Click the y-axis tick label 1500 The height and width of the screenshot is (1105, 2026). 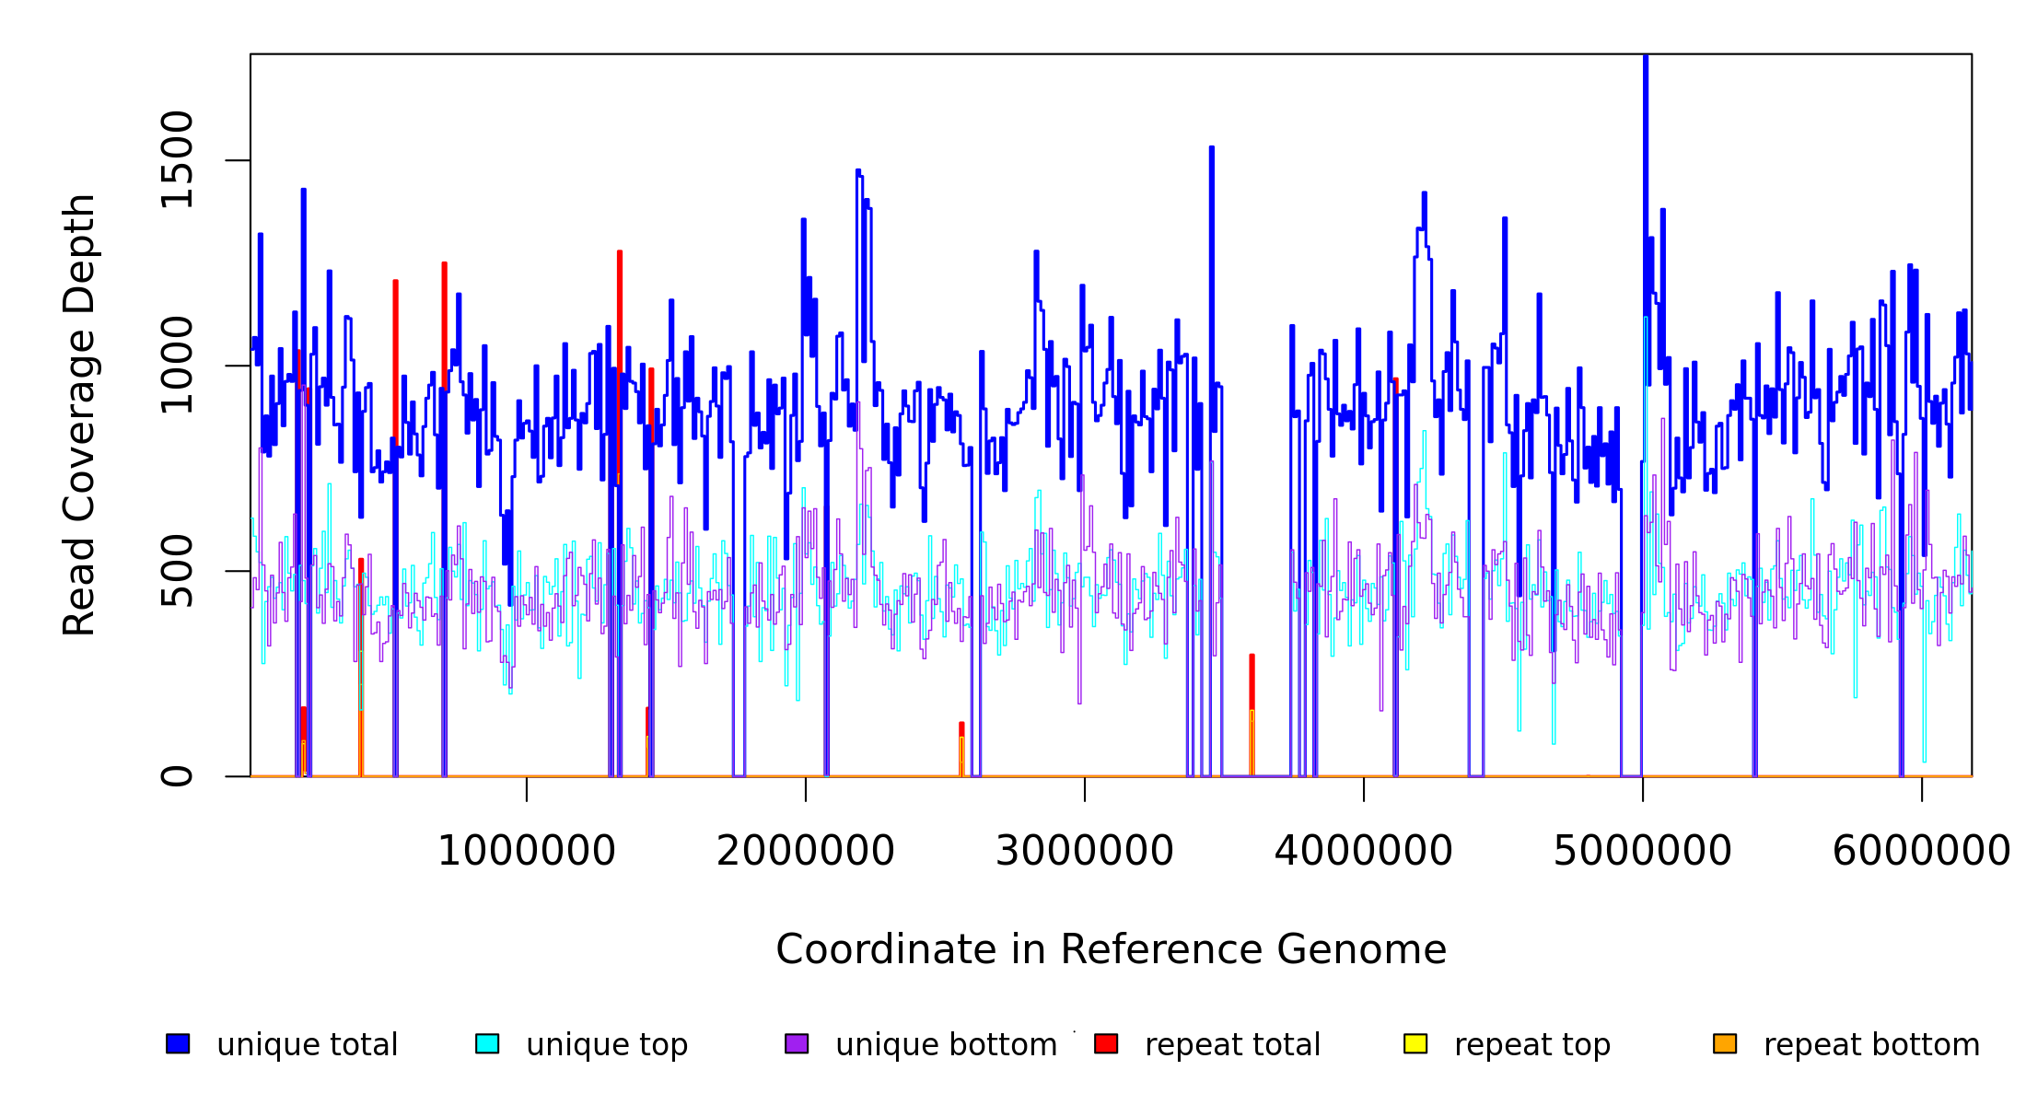[176, 160]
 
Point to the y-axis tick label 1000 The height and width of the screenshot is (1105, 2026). [176, 366]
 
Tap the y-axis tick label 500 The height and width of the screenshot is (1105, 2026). [176, 571]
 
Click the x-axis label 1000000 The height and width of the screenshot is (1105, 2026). [526, 852]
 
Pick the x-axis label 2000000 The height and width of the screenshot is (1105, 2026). [805, 852]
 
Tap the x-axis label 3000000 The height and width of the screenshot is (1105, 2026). [1085, 852]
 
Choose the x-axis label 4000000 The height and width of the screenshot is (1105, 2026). [1363, 852]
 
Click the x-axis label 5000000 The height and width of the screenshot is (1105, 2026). [1642, 852]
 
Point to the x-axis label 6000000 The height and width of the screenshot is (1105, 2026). [1921, 852]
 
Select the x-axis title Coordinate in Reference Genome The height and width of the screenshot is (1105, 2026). [1111, 950]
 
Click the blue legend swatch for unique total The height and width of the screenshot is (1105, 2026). [178, 1043]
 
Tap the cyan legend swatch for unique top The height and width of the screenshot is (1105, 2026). [487, 1043]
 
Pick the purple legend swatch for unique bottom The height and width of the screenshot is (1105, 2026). [797, 1043]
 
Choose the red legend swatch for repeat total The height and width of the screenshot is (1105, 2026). [1106, 1043]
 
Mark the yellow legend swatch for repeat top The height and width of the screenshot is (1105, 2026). [1415, 1043]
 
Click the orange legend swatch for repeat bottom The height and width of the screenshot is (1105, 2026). [1725, 1043]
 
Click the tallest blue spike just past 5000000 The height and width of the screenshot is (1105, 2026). [1646, 184]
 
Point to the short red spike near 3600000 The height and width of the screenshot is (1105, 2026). [1252, 681]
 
